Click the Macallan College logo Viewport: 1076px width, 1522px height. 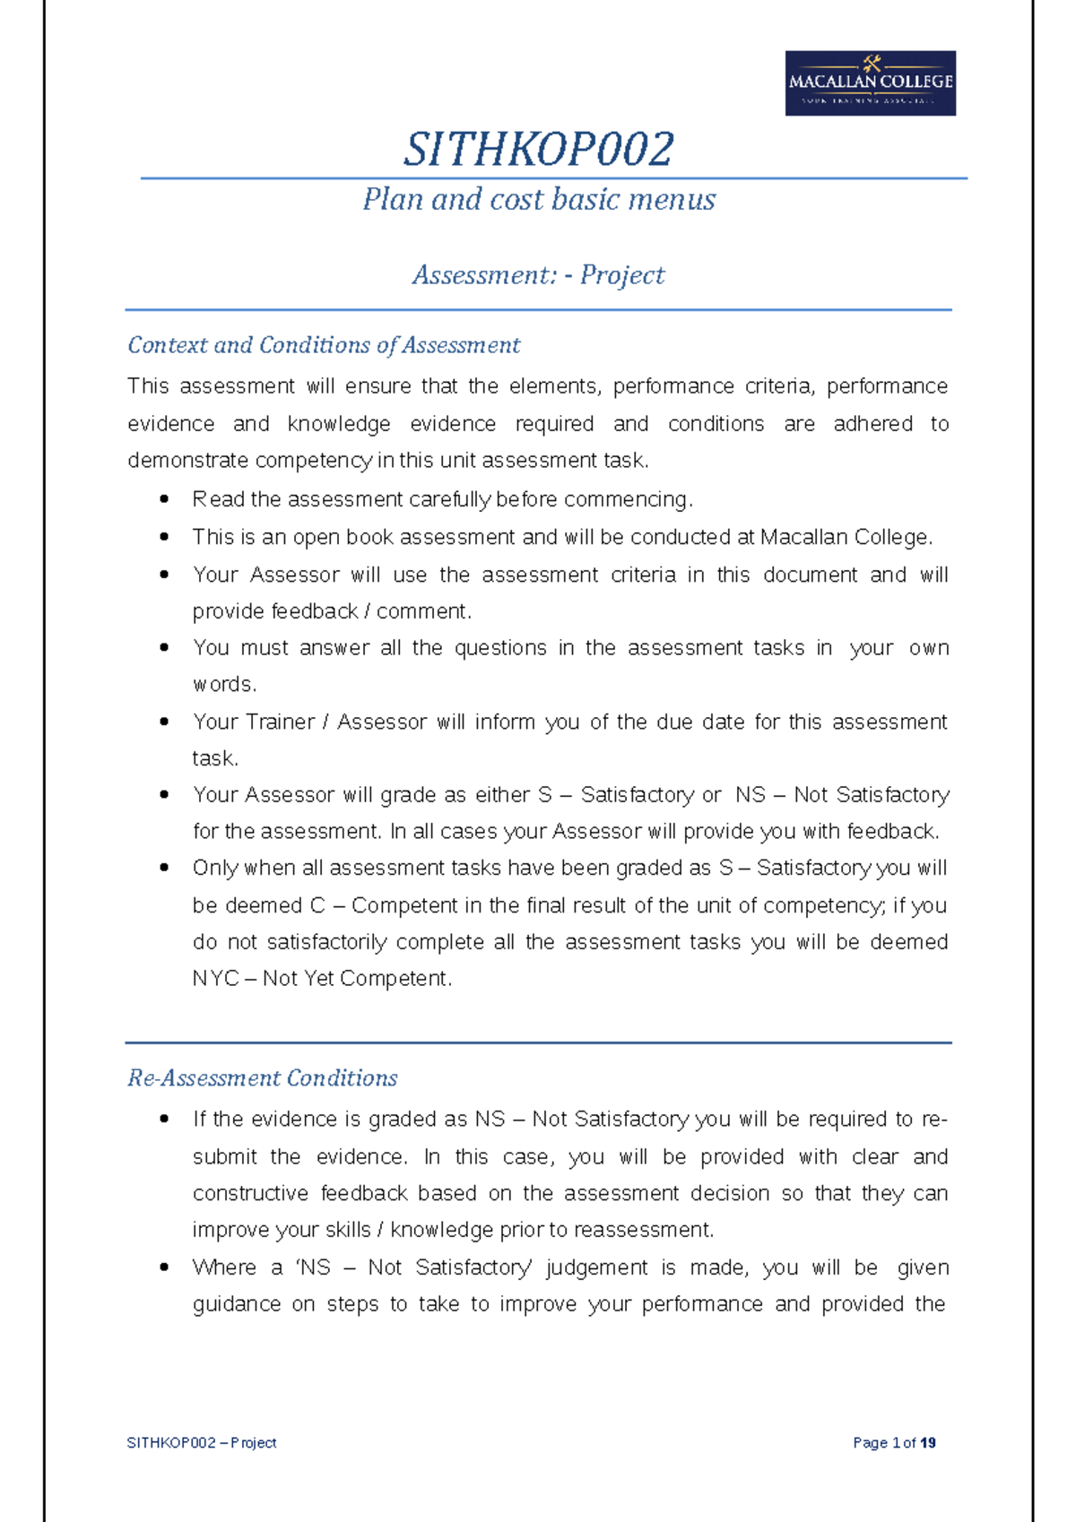(870, 82)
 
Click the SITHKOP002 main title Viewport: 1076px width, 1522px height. (538, 149)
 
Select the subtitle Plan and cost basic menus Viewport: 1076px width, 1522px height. (538, 199)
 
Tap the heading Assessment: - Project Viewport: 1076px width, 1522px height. (538, 275)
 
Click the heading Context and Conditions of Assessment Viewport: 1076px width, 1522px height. (324, 345)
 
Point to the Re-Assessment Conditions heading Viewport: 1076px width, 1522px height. (263, 1078)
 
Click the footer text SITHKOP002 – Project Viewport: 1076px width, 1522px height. (202, 1442)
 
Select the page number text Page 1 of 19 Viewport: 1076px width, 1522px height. (894, 1442)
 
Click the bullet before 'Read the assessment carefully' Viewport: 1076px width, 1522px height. (163, 499)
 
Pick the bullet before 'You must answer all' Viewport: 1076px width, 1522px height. (163, 648)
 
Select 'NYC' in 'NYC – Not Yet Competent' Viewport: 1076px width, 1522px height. (215, 979)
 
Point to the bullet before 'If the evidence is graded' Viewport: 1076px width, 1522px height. (163, 1120)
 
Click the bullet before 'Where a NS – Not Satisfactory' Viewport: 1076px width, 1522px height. (163, 1267)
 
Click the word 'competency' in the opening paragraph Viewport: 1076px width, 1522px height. (314, 461)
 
